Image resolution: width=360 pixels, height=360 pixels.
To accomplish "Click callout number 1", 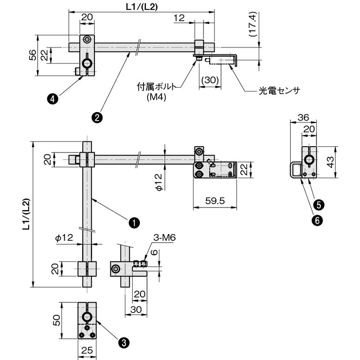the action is pyautogui.click(x=134, y=222).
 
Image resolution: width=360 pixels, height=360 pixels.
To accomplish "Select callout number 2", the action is pyautogui.click(x=97, y=118).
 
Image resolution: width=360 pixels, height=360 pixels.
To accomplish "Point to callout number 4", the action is pyautogui.click(x=53, y=99).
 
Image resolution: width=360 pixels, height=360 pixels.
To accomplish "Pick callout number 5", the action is pyautogui.click(x=319, y=204).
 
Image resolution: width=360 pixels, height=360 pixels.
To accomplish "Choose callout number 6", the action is pyautogui.click(x=317, y=220).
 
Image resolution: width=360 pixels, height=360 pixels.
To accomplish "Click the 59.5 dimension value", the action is pyautogui.click(x=215, y=201).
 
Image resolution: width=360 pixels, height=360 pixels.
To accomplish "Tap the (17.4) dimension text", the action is pyautogui.click(x=253, y=25).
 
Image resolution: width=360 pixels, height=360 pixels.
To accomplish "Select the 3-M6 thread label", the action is pyautogui.click(x=164, y=238).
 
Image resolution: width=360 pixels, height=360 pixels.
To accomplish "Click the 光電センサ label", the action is pyautogui.click(x=279, y=91).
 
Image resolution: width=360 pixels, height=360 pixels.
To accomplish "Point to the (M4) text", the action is pyautogui.click(x=156, y=97).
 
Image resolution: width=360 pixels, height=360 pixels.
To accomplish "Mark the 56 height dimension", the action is pyautogui.click(x=32, y=55).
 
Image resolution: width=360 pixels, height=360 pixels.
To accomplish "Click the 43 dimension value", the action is pyautogui.click(x=330, y=162).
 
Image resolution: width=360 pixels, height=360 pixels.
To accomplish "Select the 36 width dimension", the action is pyautogui.click(x=303, y=117).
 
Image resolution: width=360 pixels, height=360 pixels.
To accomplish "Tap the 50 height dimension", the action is pyautogui.click(x=57, y=320).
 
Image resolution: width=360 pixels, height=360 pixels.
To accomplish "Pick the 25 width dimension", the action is pyautogui.click(x=87, y=351).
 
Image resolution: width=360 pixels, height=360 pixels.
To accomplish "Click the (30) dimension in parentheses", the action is pyautogui.click(x=210, y=80).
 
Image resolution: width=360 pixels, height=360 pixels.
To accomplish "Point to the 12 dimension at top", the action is pyautogui.click(x=179, y=18).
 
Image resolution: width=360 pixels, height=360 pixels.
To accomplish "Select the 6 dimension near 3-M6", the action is pyautogui.click(x=155, y=252).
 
